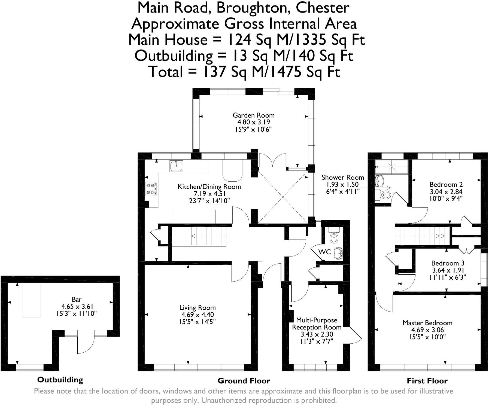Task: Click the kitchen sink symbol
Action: point(176,166)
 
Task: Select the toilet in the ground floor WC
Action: point(333,236)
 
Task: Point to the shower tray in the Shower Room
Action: point(391,167)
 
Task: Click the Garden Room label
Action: point(253,115)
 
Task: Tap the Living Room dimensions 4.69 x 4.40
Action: point(197,315)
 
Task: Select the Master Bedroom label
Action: point(427,323)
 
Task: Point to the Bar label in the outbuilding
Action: point(77,300)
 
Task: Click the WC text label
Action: point(325,252)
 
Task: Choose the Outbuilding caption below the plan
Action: point(60,380)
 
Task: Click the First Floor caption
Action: point(427,381)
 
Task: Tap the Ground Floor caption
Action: point(244,381)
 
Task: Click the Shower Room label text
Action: point(343,178)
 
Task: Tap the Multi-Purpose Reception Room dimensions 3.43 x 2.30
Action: point(317,334)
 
